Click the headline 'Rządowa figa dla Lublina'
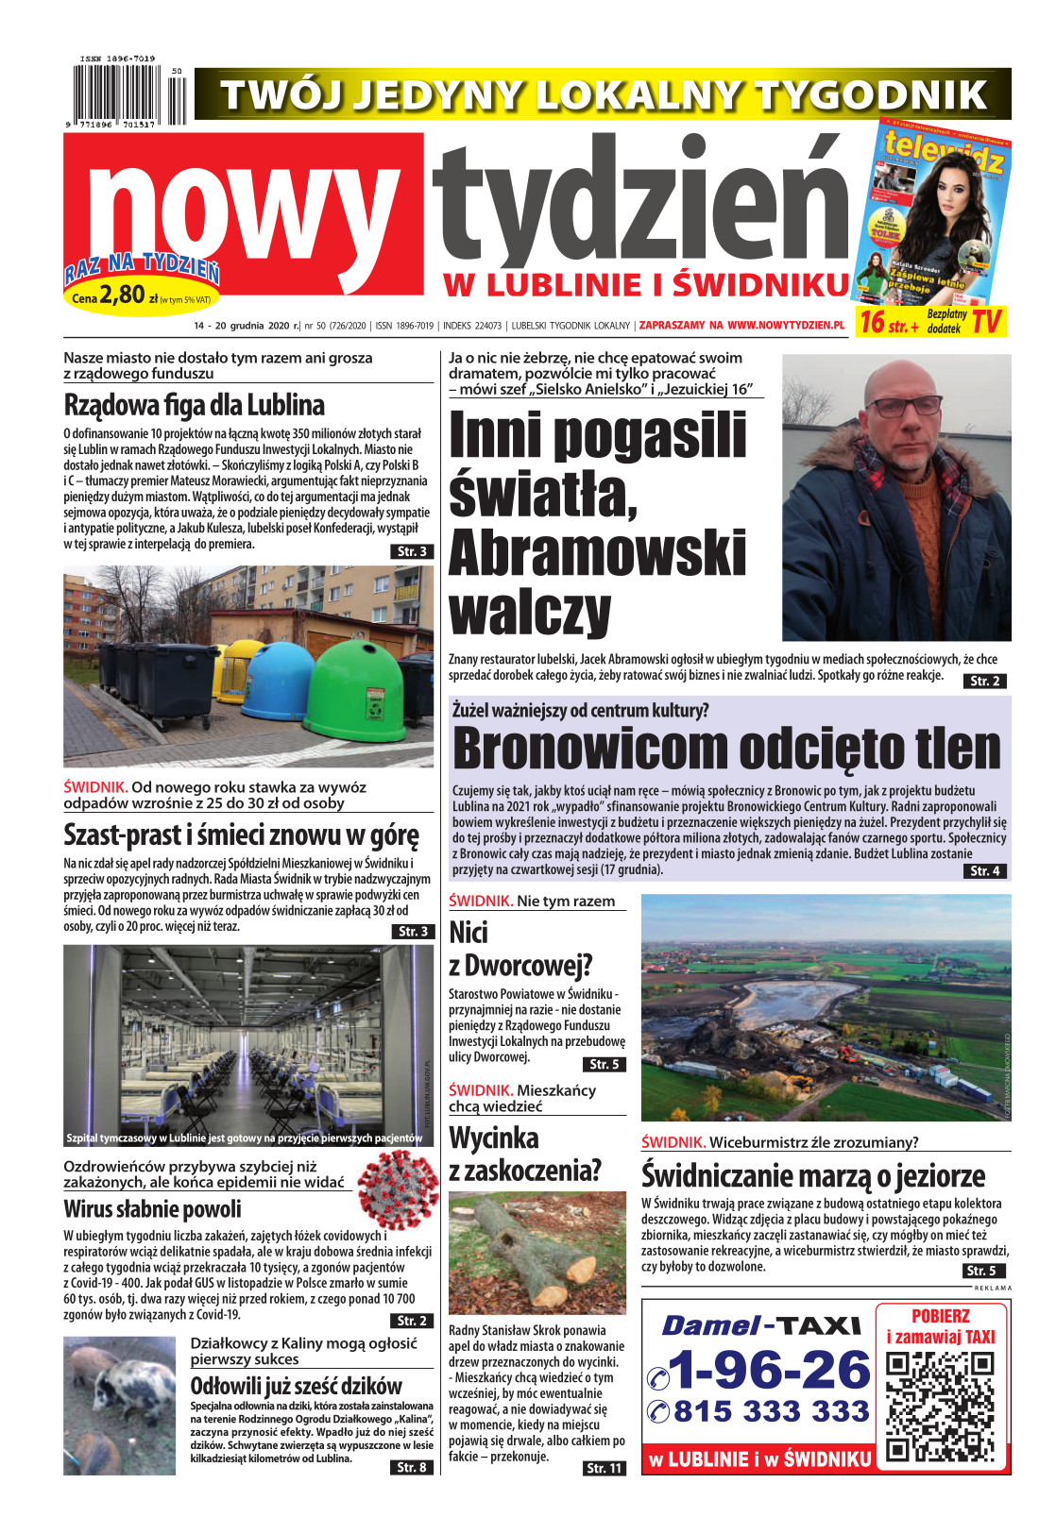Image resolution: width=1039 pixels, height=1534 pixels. (x=194, y=405)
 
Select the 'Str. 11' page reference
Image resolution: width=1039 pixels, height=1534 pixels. (x=604, y=1468)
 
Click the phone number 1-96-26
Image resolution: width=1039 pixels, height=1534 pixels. (x=767, y=1371)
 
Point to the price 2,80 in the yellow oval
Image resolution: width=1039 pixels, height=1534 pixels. (x=122, y=295)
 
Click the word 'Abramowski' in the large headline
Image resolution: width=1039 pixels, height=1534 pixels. (x=597, y=552)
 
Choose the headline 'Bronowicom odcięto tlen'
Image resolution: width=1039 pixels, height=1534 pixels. (x=725, y=750)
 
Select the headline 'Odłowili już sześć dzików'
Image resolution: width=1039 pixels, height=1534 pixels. (x=296, y=1386)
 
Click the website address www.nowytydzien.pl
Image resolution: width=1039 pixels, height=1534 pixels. (x=786, y=326)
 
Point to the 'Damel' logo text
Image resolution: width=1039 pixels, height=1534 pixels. (x=710, y=1326)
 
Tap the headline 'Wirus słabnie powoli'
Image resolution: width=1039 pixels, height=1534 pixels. (x=152, y=1209)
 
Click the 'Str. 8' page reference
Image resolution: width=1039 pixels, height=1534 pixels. (x=411, y=1467)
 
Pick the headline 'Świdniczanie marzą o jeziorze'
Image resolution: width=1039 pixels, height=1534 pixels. (x=812, y=1176)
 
